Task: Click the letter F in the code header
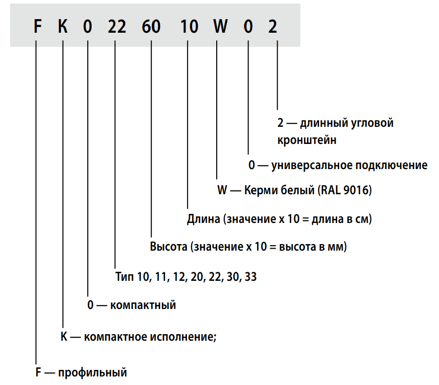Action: click(37, 27)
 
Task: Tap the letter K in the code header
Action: click(62, 27)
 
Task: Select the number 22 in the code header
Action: click(117, 27)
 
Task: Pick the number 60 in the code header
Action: click(151, 27)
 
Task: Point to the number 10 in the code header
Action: click(189, 27)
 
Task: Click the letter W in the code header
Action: click(220, 27)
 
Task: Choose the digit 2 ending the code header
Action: click(272, 27)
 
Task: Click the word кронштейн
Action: click(307, 140)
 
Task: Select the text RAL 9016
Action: click(345, 190)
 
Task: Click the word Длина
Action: click(204, 219)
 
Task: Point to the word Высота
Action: click(168, 247)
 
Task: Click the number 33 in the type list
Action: click(250, 277)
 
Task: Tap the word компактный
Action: click(143, 305)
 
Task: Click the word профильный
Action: click(92, 373)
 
